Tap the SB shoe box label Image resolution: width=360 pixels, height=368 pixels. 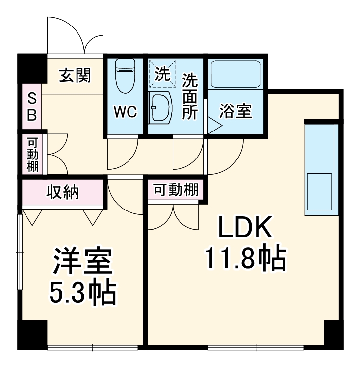click(31, 107)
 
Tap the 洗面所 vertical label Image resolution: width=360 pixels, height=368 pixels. click(190, 96)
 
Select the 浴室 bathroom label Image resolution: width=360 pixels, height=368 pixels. click(235, 112)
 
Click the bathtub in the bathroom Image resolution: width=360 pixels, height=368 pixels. click(235, 75)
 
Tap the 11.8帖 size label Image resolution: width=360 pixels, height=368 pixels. click(245, 259)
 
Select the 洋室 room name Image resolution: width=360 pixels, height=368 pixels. click(83, 263)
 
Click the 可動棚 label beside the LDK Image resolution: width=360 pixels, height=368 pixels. click(176, 189)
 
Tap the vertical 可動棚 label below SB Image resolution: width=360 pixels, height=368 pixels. click(33, 154)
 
